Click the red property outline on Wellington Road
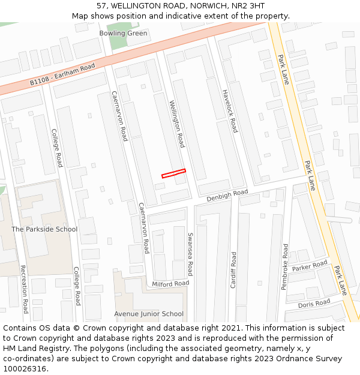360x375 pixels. click(173, 173)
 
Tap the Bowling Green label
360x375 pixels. click(123, 33)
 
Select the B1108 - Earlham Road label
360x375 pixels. click(63, 75)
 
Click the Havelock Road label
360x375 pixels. click(230, 111)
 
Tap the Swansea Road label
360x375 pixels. click(190, 254)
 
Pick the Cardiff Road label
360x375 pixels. click(233, 269)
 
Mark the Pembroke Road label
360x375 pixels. click(285, 266)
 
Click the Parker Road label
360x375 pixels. click(310, 266)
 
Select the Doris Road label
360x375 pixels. click(314, 304)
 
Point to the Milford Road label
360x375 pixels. click(170, 283)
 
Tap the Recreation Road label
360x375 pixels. click(24, 289)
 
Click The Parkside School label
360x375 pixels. click(44, 229)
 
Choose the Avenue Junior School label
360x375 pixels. click(149, 314)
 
